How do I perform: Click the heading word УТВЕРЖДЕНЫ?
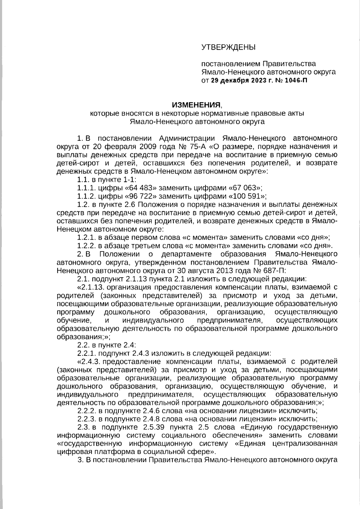tap(228, 47)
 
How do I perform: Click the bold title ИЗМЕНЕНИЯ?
tap(196, 105)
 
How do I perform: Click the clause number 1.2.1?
tap(86, 238)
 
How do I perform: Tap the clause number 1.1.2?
tap(86, 196)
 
